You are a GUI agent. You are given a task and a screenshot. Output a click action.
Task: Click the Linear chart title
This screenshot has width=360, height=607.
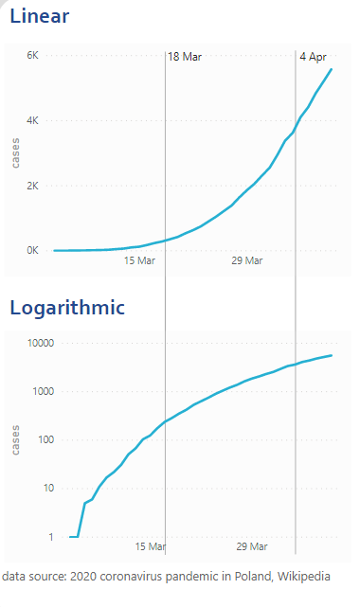pos(39,16)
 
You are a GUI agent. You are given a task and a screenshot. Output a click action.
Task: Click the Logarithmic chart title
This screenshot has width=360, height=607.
pos(67,307)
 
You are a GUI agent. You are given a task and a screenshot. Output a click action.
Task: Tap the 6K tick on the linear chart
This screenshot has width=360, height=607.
pos(32,56)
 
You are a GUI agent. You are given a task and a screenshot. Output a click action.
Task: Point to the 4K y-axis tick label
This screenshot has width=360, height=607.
pos(32,121)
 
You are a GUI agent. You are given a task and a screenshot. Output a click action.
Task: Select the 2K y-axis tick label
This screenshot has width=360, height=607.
pos(32,186)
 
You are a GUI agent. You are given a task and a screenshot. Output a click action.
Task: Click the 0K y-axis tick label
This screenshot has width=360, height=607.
pos(32,251)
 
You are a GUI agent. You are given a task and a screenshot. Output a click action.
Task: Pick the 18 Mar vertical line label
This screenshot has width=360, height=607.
pos(185,57)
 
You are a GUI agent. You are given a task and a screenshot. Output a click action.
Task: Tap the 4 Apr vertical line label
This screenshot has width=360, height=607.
pos(313,57)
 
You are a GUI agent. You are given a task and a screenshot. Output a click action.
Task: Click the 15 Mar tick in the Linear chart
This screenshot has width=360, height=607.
pos(140,261)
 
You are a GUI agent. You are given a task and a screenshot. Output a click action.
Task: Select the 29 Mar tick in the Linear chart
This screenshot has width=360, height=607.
pos(247,261)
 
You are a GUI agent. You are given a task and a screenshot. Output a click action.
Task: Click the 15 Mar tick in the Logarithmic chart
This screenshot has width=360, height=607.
pos(151,547)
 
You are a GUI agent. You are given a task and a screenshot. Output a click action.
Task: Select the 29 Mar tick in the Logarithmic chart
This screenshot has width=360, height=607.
pos(252,547)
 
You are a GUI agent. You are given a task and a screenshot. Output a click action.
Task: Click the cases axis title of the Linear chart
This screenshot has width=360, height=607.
pos(16,152)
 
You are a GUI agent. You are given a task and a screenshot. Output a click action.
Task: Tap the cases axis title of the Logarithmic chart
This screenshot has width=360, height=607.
pos(16,438)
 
